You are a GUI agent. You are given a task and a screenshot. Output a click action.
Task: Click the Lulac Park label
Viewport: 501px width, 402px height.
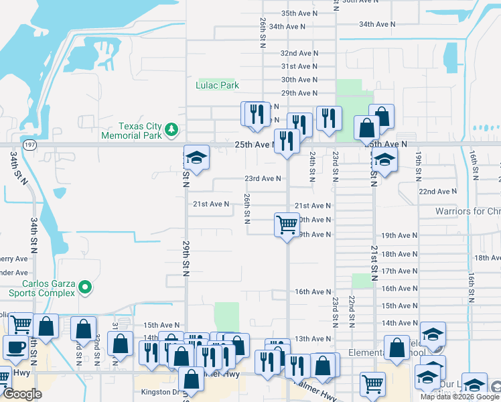[x=217, y=86]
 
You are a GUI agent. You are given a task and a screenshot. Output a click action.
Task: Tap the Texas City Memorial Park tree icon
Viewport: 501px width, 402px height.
[x=172, y=129]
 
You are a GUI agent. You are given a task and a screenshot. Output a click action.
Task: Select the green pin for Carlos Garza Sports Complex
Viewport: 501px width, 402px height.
[x=84, y=287]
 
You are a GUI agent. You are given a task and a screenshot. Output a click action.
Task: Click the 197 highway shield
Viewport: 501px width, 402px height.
[x=30, y=144]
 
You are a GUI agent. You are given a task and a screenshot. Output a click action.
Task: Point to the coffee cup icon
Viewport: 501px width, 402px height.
[x=15, y=347]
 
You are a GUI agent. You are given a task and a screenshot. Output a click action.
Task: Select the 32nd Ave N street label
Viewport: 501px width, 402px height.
[x=298, y=53]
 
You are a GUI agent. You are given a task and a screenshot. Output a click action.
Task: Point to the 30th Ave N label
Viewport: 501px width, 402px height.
[x=299, y=80]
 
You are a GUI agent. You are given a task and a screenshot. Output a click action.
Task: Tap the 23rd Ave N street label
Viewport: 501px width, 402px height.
[x=262, y=179]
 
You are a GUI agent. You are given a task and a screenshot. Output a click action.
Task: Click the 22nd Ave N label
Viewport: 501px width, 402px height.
[x=437, y=192]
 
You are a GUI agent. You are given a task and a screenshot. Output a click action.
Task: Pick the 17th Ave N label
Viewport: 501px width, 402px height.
[x=399, y=271]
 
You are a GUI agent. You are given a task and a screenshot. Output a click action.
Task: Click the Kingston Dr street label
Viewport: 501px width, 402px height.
[x=159, y=393]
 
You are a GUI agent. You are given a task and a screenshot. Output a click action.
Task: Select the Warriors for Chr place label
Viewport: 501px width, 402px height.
[x=468, y=211]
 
